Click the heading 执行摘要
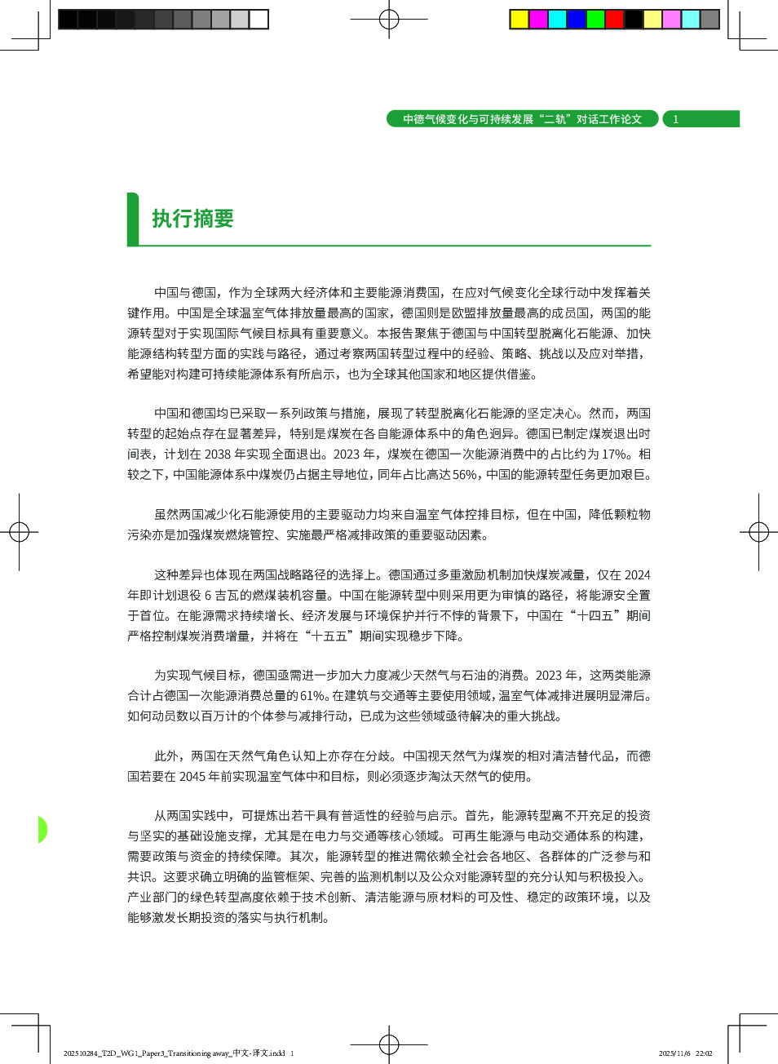192,219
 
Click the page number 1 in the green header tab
675,119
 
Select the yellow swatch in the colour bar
519,19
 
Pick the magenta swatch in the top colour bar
538,19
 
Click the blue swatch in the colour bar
577,19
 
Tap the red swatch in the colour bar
614,19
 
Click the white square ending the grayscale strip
259,19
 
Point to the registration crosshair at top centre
389,19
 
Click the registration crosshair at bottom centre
389,1044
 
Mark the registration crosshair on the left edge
19,532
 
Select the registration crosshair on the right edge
758,532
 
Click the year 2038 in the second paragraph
219,454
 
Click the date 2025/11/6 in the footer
674,1053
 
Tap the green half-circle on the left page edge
42,829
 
